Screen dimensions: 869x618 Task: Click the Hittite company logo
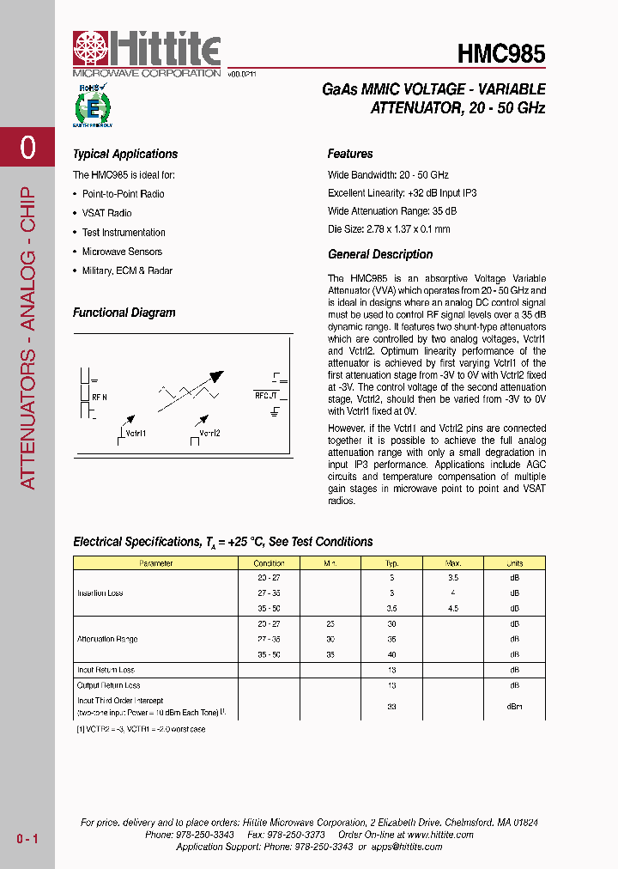(x=146, y=53)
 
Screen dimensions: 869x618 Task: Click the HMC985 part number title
(x=501, y=53)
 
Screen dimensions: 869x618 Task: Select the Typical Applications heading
(x=125, y=155)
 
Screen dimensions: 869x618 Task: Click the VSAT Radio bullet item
(x=106, y=213)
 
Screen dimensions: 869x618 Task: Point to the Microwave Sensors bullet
(x=121, y=252)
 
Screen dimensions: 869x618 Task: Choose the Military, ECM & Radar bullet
(x=127, y=270)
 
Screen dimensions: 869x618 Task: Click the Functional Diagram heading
(x=124, y=313)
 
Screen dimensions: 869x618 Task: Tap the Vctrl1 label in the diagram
(x=136, y=433)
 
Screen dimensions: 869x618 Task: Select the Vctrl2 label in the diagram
(x=210, y=433)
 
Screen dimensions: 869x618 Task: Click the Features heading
(x=350, y=155)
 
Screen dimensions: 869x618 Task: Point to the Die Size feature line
(x=389, y=229)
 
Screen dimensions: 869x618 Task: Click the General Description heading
(x=380, y=255)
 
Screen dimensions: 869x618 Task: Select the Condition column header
(x=269, y=563)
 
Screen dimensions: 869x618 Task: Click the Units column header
(x=514, y=563)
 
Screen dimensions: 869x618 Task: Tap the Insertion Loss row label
(x=100, y=593)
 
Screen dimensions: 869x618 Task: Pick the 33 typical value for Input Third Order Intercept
(x=391, y=707)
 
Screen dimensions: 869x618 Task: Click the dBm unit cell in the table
(x=514, y=707)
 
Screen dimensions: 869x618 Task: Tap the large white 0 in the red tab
(x=27, y=148)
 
